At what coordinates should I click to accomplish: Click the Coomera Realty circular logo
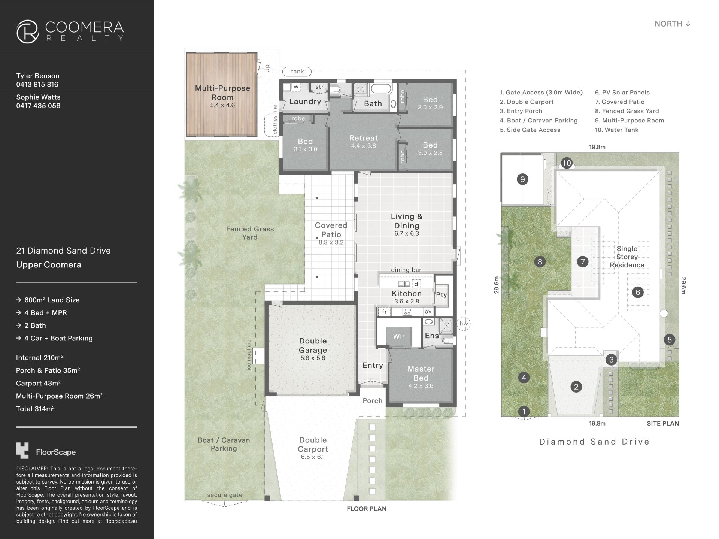(x=28, y=31)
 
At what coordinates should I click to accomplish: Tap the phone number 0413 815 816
(x=37, y=84)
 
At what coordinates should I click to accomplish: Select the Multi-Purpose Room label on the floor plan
(x=222, y=93)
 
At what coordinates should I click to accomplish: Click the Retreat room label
(x=363, y=138)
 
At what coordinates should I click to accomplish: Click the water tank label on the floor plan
(x=298, y=71)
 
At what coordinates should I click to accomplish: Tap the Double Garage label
(x=313, y=345)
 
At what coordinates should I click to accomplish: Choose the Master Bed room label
(x=421, y=373)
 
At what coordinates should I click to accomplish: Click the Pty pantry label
(x=442, y=295)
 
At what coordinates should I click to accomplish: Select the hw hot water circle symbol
(x=464, y=324)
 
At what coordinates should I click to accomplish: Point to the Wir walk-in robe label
(x=399, y=336)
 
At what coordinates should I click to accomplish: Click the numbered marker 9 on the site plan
(x=522, y=179)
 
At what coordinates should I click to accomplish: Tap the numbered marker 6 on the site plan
(x=638, y=292)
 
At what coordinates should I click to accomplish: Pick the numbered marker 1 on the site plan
(x=524, y=412)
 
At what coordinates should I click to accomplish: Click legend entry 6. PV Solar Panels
(x=622, y=93)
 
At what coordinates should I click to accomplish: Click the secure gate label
(x=225, y=495)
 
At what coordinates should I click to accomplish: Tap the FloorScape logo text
(x=56, y=452)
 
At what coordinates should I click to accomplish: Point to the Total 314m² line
(x=35, y=409)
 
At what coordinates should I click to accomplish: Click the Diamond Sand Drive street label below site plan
(x=594, y=442)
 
